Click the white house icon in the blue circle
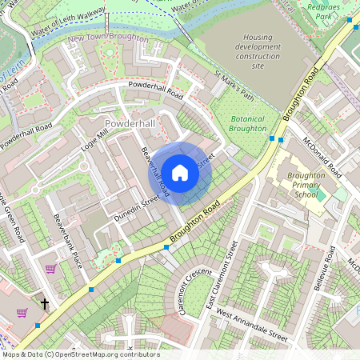[180, 172]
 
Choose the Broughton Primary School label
[306, 184]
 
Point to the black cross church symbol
[45, 304]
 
